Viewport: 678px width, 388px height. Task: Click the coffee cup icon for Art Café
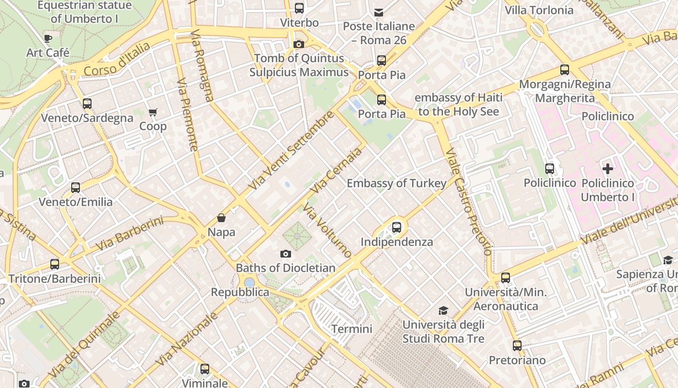tap(47, 38)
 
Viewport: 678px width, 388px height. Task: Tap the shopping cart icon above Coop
tap(153, 113)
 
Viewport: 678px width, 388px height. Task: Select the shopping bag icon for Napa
tap(221, 218)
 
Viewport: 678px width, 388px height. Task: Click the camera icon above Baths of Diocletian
tap(286, 254)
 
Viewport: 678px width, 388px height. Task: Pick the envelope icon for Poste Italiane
tap(378, 12)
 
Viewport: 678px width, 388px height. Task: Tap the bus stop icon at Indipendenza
tap(397, 227)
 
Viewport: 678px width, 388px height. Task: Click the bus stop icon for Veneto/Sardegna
tap(87, 103)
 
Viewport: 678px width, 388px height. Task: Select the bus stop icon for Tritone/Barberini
tap(55, 264)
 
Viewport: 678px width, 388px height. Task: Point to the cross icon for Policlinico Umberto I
tap(608, 169)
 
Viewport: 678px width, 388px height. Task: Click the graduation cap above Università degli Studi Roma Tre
tap(443, 310)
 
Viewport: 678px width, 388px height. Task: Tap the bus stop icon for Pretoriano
tap(517, 346)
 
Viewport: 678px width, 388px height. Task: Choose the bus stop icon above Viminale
tap(205, 369)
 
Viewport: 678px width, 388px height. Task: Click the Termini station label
tap(352, 329)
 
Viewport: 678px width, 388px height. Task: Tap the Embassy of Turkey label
tap(396, 183)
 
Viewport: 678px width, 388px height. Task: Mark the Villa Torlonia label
tap(539, 10)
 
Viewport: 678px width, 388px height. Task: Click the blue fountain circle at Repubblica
tap(249, 282)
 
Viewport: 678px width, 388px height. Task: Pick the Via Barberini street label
tap(129, 234)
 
